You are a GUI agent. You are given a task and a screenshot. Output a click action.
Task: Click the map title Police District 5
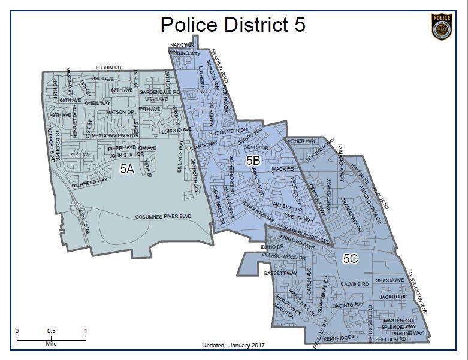pos(233,25)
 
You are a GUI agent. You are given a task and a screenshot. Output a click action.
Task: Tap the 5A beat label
pos(126,169)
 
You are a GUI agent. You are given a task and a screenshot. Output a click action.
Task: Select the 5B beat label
pos(253,160)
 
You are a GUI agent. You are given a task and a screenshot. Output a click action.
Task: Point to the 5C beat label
pos(351,259)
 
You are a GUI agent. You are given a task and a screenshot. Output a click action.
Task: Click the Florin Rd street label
pos(109,68)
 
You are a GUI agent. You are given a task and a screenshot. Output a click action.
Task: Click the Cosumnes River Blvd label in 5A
pos(162,217)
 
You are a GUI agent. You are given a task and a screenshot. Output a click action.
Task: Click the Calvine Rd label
pos(354,284)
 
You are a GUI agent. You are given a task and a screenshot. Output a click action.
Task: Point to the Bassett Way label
pos(280,273)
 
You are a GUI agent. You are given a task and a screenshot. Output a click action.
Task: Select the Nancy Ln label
pos(182,45)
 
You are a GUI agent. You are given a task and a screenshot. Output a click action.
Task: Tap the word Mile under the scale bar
pos(51,344)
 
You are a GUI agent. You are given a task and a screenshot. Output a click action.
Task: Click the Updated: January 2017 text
pos(234,346)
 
